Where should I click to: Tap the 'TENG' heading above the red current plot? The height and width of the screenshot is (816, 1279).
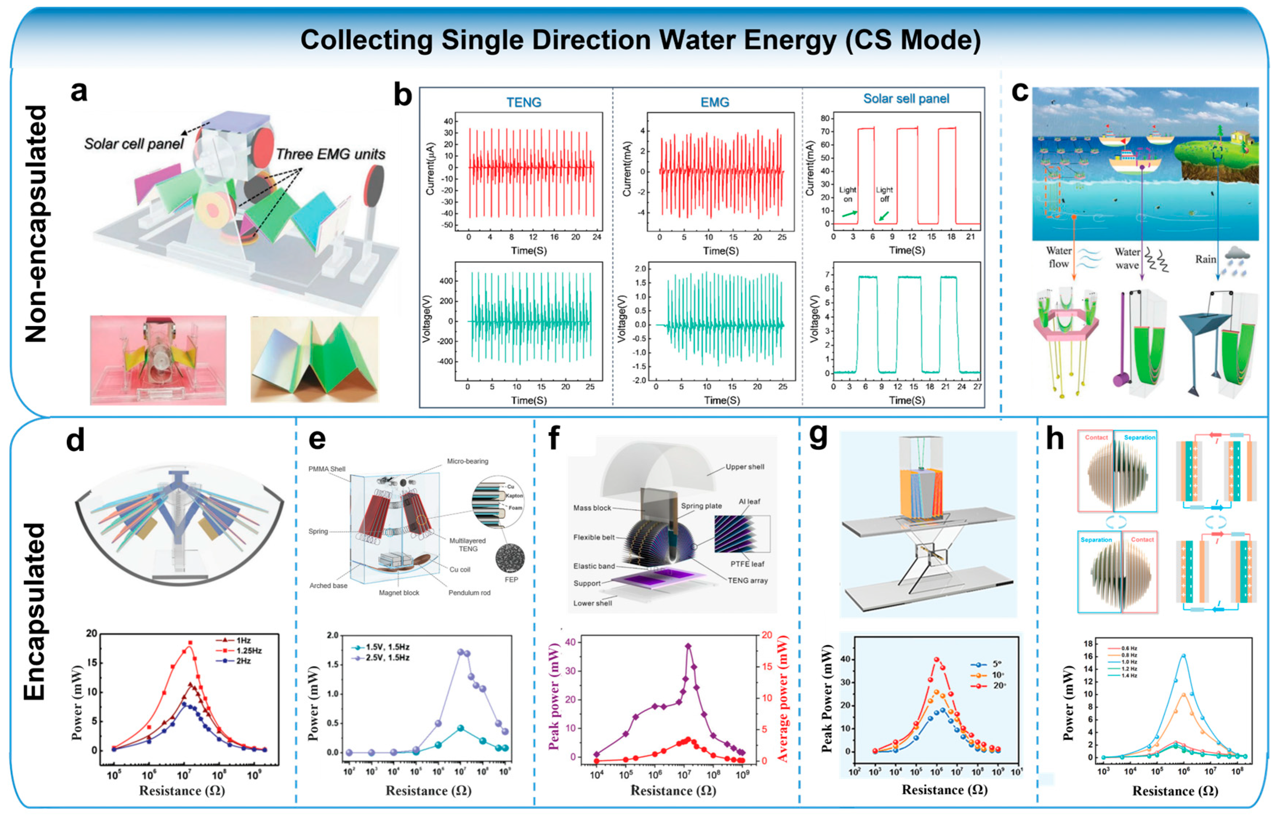[x=524, y=102]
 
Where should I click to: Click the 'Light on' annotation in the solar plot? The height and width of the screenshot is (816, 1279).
[x=847, y=194]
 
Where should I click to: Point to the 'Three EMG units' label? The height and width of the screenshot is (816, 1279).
[x=330, y=154]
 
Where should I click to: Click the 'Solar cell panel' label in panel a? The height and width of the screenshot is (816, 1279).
[x=134, y=144]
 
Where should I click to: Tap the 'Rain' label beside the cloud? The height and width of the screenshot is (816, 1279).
[x=1205, y=259]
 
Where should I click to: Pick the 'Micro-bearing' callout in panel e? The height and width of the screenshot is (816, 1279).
[x=467, y=461]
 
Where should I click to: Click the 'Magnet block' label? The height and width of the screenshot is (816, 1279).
[x=399, y=592]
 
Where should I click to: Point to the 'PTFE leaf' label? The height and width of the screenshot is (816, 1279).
[x=747, y=564]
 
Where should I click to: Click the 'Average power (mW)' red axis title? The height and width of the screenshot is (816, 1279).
[x=783, y=698]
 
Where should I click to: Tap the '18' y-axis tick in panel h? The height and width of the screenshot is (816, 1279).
[x=1088, y=644]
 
